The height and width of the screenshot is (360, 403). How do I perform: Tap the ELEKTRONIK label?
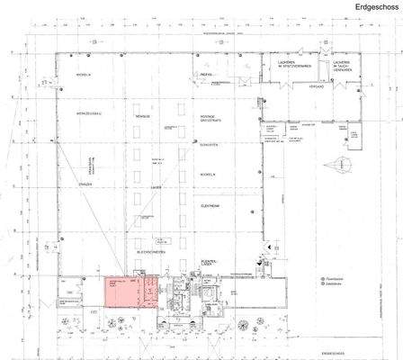pos(210,205)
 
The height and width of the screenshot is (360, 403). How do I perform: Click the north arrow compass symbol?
pos(345,166)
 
